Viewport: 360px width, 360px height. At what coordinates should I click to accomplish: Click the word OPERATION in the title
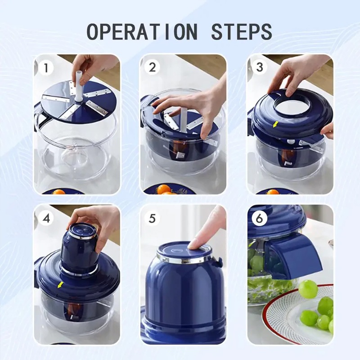(x=142, y=31)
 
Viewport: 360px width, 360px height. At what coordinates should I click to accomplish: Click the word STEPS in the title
(x=242, y=31)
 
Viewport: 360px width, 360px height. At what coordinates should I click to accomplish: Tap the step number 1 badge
(x=46, y=68)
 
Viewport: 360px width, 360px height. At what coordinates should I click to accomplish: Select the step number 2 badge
(x=152, y=67)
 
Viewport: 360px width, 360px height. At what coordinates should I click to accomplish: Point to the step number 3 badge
(x=260, y=67)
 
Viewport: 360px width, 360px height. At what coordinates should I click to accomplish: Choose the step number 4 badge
(x=46, y=218)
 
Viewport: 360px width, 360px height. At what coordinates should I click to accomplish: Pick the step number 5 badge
(x=152, y=218)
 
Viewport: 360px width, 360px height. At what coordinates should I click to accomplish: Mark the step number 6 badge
(x=260, y=218)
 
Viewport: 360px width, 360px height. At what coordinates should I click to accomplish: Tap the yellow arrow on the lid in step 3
(x=275, y=124)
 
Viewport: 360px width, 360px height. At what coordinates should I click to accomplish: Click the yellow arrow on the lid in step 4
(x=60, y=285)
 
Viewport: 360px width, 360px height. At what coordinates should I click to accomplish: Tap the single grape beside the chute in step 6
(x=308, y=289)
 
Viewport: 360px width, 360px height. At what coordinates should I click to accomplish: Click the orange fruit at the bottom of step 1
(x=59, y=192)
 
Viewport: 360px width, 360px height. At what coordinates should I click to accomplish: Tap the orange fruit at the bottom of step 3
(x=273, y=192)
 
